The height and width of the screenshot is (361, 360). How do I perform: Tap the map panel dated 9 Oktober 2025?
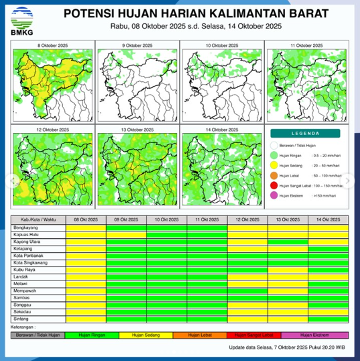[137, 84]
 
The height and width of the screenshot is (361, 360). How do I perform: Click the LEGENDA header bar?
[307, 134]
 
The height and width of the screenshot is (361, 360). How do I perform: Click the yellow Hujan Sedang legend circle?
[274, 164]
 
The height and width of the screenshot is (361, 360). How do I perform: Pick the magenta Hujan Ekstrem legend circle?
[274, 196]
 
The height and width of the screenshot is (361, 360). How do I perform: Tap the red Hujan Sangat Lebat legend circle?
[274, 185]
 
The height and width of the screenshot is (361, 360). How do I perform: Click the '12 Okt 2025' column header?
[247, 220]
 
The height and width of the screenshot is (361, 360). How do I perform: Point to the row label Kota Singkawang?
[29, 262]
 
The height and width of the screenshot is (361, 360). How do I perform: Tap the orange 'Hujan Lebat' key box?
[201, 334]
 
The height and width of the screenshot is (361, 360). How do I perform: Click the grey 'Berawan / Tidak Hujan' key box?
[38, 334]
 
